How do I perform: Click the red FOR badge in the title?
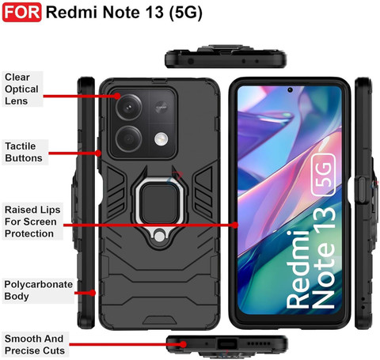[21, 12]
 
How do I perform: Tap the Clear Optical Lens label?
[21, 89]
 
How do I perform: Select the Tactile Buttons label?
[24, 152]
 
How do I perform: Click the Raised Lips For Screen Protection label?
[32, 222]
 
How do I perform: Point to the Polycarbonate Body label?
[38, 290]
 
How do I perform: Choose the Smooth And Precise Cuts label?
[35, 344]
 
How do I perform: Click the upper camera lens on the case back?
[129, 107]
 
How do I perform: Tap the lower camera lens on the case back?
[129, 139]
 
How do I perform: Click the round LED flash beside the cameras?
[161, 139]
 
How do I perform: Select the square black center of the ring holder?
[158, 203]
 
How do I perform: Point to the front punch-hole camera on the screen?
[290, 90]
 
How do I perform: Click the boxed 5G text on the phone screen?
[324, 175]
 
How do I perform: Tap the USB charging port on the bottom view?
[226, 344]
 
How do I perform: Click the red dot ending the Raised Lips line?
[235, 225]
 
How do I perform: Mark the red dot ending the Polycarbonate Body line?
[92, 293]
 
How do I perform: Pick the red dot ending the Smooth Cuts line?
[184, 344]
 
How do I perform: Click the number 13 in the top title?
[154, 12]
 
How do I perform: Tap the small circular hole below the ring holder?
[159, 236]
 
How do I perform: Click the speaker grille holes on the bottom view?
[258, 344]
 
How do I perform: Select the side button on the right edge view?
[362, 190]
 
